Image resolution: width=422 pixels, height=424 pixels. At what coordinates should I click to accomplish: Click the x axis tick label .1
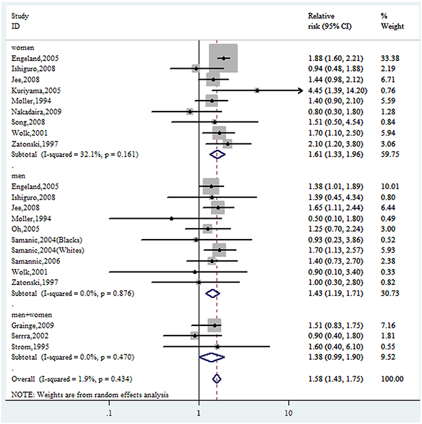(x=110, y=412)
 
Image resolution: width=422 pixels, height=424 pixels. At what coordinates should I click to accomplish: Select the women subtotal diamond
(x=218, y=155)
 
